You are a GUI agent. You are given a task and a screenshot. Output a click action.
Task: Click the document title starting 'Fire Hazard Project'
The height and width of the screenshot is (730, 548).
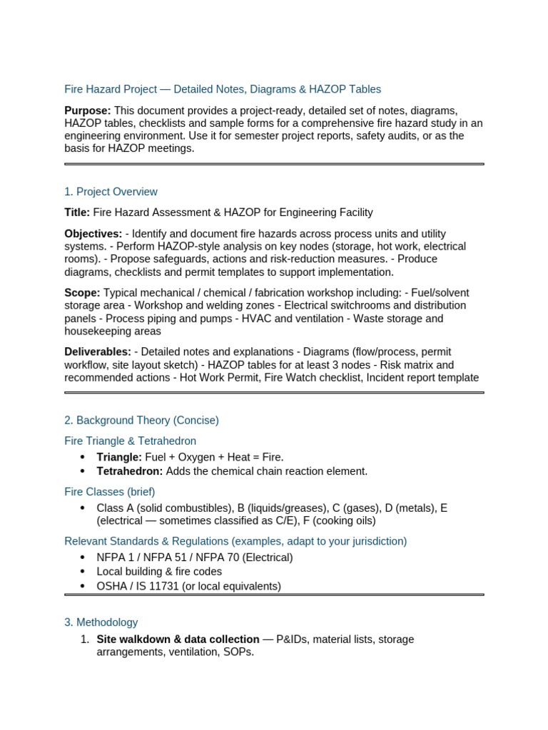(223, 89)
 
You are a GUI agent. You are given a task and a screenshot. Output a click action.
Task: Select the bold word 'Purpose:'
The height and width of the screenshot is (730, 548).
(88, 110)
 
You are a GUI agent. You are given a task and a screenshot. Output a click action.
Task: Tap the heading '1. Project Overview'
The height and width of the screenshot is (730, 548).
(111, 192)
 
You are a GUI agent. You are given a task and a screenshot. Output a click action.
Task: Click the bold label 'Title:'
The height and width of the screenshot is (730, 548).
(77, 212)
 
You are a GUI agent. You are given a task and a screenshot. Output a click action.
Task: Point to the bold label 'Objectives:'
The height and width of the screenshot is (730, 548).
(93, 234)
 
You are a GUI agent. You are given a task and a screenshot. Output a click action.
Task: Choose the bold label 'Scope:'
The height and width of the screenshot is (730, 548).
(82, 293)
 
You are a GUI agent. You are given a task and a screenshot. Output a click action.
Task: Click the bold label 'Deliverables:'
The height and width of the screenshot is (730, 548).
(98, 352)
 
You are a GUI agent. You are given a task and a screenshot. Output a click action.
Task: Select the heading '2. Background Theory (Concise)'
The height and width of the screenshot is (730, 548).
(141, 421)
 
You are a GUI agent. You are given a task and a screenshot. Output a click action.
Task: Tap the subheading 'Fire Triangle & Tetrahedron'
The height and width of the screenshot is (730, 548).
(130, 441)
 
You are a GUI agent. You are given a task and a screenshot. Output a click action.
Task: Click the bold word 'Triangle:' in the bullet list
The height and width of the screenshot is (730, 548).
(119, 457)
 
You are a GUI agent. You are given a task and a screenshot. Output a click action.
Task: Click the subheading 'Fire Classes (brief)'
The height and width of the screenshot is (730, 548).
(109, 492)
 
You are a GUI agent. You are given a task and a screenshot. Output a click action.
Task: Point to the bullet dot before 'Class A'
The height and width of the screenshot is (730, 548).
(83, 508)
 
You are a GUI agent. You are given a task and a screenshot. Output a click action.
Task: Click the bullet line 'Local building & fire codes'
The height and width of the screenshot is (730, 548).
(159, 572)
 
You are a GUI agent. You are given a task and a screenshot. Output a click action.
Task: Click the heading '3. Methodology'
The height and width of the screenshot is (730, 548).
(101, 622)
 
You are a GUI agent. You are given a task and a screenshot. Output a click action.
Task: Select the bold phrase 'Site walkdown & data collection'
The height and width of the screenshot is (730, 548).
(178, 639)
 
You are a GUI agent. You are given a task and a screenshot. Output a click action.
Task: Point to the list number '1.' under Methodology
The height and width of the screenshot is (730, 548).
(84, 639)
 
